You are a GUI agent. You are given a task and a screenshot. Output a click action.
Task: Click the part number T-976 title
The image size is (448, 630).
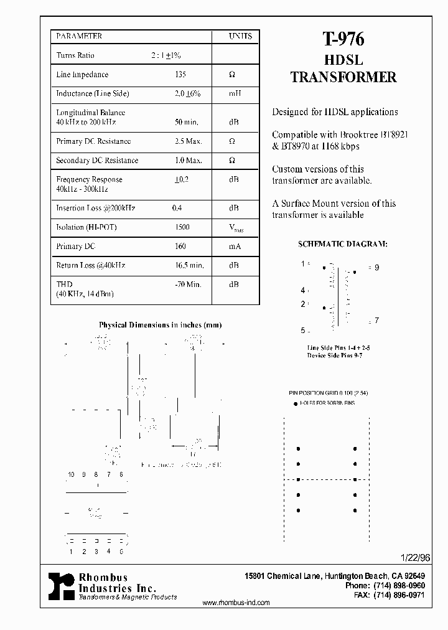click(343, 40)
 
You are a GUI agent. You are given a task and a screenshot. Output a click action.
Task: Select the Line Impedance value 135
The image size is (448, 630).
click(181, 75)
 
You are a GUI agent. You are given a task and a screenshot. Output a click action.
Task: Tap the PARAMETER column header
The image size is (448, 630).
click(79, 37)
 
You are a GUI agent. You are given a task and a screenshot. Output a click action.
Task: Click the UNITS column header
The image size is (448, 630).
click(240, 37)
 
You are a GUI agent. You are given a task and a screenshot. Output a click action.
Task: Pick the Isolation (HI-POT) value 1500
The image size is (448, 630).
click(182, 228)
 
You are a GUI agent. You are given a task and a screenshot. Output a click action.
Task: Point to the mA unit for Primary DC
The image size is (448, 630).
click(235, 247)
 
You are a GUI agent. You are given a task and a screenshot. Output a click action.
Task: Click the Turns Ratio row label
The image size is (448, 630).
click(75, 55)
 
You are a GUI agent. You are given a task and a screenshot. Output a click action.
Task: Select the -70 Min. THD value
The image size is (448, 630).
click(188, 284)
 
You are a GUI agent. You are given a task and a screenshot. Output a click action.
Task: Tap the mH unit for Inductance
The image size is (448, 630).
click(234, 93)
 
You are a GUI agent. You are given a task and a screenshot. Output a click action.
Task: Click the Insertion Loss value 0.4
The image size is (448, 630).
click(177, 209)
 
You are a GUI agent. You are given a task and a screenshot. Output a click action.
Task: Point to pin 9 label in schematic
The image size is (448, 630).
click(376, 267)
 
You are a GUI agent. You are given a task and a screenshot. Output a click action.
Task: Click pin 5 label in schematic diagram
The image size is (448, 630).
click(302, 331)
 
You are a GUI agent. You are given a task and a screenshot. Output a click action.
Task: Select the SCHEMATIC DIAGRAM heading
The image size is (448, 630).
click(342, 243)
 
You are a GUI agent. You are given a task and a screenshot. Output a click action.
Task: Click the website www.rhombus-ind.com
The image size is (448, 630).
click(236, 603)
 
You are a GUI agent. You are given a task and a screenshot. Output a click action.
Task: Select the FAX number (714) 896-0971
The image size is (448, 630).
click(399, 595)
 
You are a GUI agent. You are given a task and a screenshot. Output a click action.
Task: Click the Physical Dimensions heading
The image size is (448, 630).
click(160, 325)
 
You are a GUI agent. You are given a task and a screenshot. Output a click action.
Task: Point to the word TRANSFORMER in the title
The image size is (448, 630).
click(343, 77)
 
